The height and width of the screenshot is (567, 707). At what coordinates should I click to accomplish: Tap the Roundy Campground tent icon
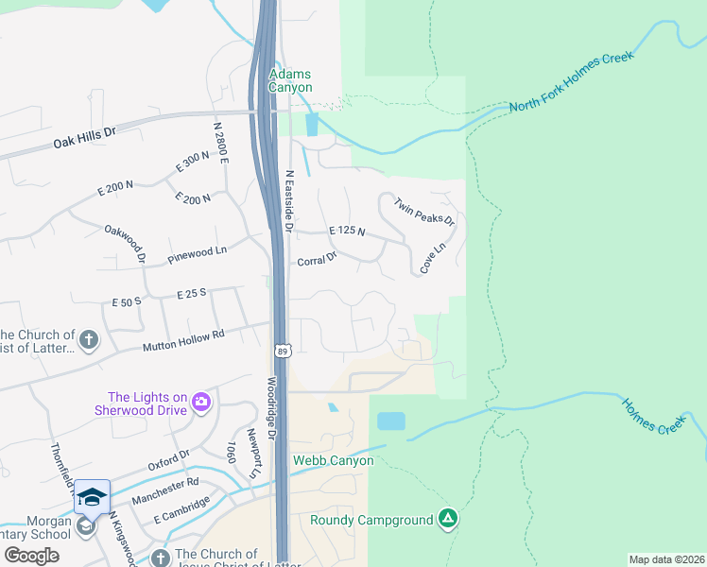click(x=448, y=519)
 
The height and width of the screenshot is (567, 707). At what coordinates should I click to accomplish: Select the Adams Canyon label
click(x=290, y=80)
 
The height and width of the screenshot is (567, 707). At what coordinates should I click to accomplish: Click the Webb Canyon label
click(x=333, y=460)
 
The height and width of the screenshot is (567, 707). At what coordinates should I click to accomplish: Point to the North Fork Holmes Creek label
click(x=571, y=83)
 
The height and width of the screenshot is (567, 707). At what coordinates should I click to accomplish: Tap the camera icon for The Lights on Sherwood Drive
click(x=200, y=404)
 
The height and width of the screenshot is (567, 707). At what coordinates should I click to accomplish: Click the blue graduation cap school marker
click(x=92, y=497)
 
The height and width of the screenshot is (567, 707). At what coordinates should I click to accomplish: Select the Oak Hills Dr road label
click(x=84, y=134)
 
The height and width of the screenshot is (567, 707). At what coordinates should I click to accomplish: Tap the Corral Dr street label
click(x=317, y=260)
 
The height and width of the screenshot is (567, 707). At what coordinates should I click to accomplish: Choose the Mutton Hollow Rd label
click(x=183, y=341)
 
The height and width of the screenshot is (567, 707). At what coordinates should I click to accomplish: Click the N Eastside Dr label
click(x=289, y=201)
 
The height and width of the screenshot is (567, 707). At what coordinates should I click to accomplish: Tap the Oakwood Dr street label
click(x=127, y=243)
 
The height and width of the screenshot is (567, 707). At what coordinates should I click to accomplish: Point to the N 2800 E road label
click(x=221, y=143)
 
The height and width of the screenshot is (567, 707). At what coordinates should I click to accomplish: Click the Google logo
click(x=31, y=555)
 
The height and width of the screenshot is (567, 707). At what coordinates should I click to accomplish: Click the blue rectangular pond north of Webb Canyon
click(x=390, y=421)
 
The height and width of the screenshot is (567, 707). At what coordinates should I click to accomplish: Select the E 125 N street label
click(x=347, y=232)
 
